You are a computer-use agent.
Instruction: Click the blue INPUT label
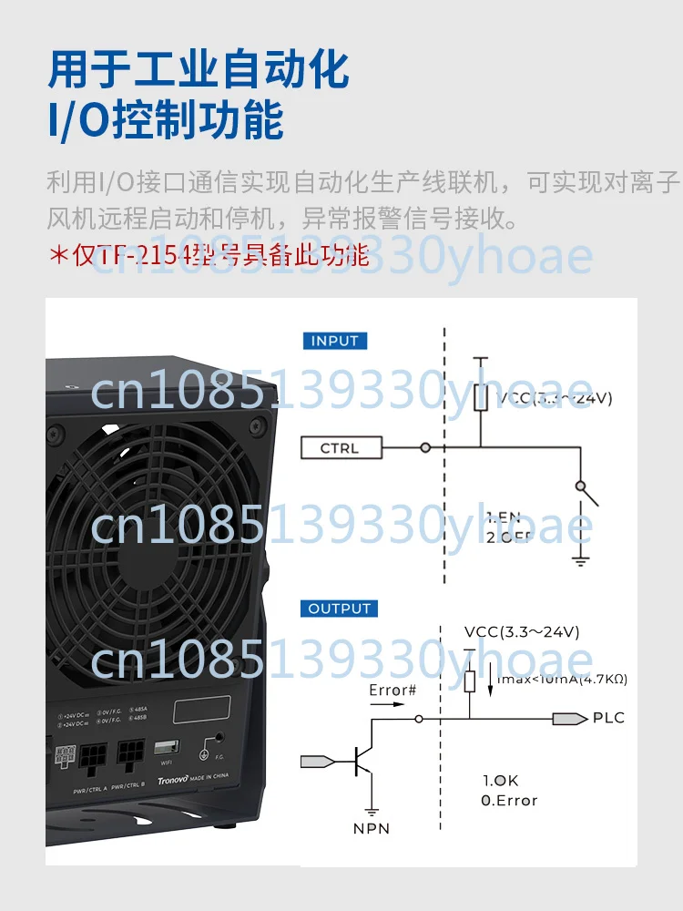pos(335,341)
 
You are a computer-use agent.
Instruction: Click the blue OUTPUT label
pos(339,609)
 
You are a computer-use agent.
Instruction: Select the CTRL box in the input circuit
pos(341,448)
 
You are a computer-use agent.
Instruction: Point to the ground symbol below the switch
pos(580,559)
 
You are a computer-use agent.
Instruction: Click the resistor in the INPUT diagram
pos(482,397)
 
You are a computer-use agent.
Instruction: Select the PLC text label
pos(608,718)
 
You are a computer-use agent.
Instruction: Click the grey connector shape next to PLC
pos(569,719)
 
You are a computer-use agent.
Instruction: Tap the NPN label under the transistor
pos(372,828)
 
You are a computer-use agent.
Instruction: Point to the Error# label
pos(392,690)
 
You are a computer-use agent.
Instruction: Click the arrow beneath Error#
pos(390,703)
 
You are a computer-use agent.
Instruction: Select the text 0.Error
pos(509,801)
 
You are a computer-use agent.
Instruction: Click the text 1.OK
pos(500,781)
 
